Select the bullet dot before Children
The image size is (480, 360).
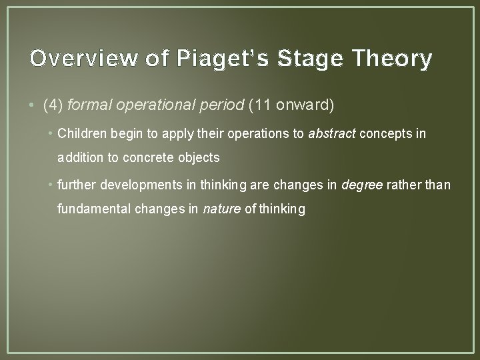tap(52, 133)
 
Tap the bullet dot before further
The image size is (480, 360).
tap(52, 183)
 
